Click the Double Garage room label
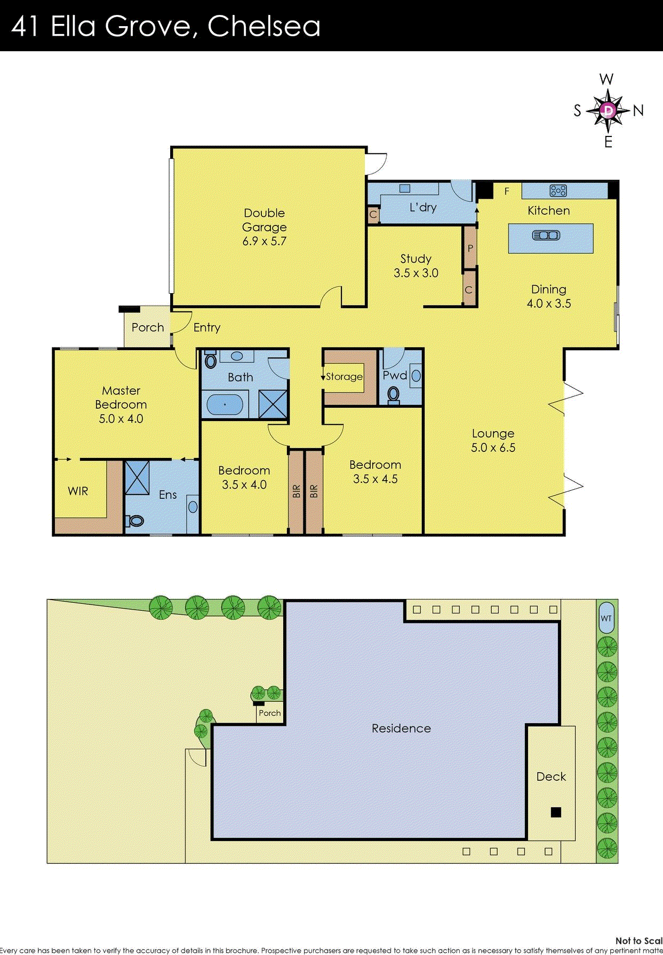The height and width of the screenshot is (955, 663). point(264,220)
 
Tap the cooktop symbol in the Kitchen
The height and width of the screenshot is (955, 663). point(558,190)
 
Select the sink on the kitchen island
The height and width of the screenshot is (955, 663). point(546,235)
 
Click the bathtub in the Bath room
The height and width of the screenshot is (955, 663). point(225,404)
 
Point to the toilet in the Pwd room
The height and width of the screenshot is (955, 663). point(394,395)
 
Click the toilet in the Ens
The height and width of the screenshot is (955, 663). point(136,521)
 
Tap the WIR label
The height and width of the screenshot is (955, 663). point(78,491)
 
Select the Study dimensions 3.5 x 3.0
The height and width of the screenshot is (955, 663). point(416,273)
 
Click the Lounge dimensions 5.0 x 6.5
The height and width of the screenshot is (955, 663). point(493,448)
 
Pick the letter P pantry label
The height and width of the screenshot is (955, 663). point(470,248)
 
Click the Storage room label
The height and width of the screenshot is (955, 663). point(344,377)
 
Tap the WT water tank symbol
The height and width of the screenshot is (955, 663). point(606,618)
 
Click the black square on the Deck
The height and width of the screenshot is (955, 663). point(556,812)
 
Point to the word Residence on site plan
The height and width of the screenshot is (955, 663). point(401,729)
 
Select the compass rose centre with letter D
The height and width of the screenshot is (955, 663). point(608,110)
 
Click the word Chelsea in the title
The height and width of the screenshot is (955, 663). point(263,26)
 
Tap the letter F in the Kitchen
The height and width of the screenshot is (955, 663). point(507,191)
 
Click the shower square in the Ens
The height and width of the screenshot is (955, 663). point(137,477)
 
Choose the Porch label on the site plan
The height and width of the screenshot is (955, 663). point(269,713)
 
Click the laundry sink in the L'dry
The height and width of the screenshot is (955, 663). point(405,188)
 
